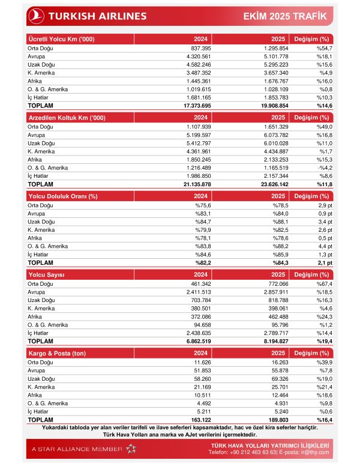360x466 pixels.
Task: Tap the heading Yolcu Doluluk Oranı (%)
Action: pyautogui.click(x=61, y=197)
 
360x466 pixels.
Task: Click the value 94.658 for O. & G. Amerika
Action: pyautogui.click(x=203, y=325)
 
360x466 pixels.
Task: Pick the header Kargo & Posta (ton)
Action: pyautogui.click(x=57, y=354)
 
